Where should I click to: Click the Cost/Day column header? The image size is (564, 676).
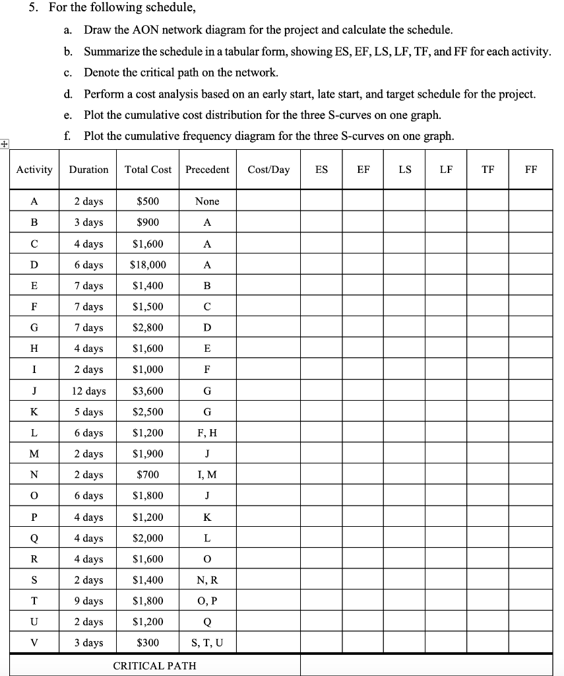point(268,170)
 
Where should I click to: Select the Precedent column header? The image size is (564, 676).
point(207,170)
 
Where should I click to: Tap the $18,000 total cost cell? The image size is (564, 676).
point(148,265)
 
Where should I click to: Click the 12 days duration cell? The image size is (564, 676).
point(88,391)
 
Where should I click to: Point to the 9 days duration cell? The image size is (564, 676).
point(88,601)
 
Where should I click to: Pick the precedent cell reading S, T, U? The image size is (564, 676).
point(207,643)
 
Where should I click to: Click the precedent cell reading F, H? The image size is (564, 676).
point(207,433)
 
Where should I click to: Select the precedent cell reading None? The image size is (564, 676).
point(207,201)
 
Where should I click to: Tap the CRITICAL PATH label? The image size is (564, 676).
point(155,665)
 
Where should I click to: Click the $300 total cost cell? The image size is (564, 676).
point(148,643)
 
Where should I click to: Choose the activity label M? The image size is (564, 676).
point(34,454)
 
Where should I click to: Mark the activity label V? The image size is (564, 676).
point(34,643)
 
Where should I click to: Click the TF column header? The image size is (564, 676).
point(488,170)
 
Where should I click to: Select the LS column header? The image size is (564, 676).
point(405,170)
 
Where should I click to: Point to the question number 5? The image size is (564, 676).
point(40,9)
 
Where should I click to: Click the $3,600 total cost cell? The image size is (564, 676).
point(148,391)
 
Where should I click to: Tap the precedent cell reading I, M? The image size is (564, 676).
point(207,475)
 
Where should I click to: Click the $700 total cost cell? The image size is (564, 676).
point(148,475)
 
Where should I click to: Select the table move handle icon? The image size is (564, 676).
point(5,143)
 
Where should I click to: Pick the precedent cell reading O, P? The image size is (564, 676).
point(207,601)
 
